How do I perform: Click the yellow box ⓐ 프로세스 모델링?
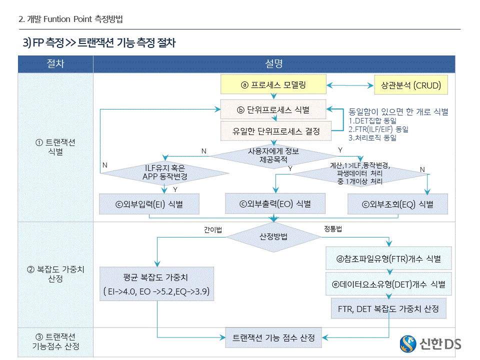(x=273, y=85)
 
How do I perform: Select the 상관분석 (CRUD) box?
(x=411, y=85)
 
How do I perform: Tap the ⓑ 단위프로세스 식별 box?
(x=273, y=109)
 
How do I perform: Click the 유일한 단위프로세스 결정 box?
(x=276, y=131)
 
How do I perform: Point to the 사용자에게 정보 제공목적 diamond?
(x=273, y=155)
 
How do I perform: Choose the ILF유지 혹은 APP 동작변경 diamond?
(x=164, y=172)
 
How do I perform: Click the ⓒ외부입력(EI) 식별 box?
(x=149, y=204)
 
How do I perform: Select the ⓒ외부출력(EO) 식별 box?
(x=275, y=203)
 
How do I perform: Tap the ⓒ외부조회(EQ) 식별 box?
(x=397, y=204)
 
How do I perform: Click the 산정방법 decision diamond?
(x=273, y=237)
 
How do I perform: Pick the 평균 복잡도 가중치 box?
(x=156, y=284)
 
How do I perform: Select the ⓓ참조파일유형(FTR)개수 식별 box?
(x=388, y=259)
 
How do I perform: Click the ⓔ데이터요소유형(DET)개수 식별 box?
(x=388, y=284)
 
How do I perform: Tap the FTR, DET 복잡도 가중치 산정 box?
(x=388, y=309)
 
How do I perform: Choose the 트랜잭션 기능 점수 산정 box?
(x=273, y=337)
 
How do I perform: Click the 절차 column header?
(x=55, y=64)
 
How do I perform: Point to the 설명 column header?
(x=273, y=64)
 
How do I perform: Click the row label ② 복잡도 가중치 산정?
(x=55, y=274)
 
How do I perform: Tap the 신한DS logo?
(x=430, y=343)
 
